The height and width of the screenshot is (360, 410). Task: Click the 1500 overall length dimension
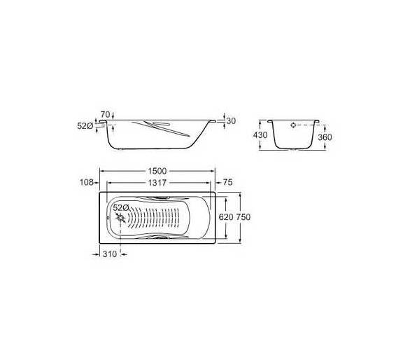pos(157,171)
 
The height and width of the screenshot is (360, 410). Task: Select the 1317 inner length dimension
pos(157,183)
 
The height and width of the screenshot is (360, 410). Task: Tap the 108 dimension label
pos(87,182)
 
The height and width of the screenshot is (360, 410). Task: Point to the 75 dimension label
pos(228,182)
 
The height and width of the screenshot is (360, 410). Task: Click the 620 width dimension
pos(226,217)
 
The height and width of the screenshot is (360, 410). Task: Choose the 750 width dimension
pos(243,217)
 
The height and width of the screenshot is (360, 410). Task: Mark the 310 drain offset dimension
pos(110,254)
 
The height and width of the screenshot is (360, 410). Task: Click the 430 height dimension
pos(260,135)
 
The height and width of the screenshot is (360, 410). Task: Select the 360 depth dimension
pos(325,137)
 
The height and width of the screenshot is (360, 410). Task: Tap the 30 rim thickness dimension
pos(231,121)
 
